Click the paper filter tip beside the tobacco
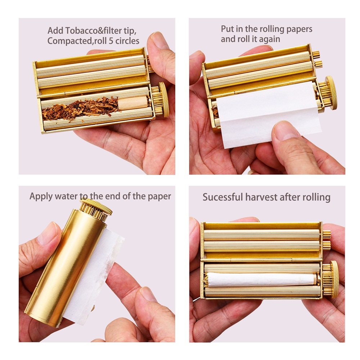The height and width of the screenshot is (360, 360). (133, 103)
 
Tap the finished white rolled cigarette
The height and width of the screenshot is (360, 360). (261, 280)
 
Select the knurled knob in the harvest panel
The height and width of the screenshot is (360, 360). (334, 279)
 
